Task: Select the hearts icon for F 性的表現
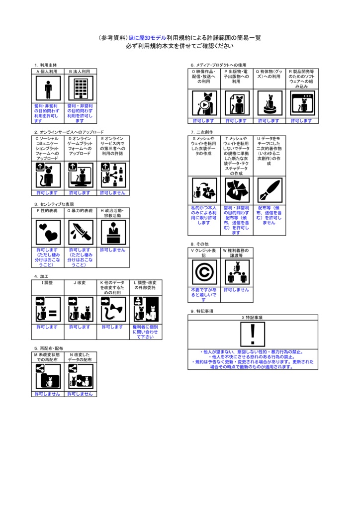click(x=48, y=233)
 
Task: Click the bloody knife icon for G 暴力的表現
click(x=80, y=233)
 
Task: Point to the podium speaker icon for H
click(x=113, y=233)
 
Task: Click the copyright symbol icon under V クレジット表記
click(x=204, y=272)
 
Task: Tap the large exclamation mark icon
click(x=253, y=334)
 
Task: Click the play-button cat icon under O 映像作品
click(x=204, y=103)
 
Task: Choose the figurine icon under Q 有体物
click(x=269, y=103)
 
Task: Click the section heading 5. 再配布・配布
click(x=49, y=348)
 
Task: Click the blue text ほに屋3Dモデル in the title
click(x=147, y=38)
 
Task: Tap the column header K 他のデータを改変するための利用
click(x=112, y=287)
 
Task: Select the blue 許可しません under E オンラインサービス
click(x=113, y=193)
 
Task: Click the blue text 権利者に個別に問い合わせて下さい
click(x=145, y=332)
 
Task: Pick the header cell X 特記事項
click(x=253, y=317)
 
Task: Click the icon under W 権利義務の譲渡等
click(x=236, y=272)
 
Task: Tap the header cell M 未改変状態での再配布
click(x=48, y=357)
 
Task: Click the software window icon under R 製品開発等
click(x=301, y=103)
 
